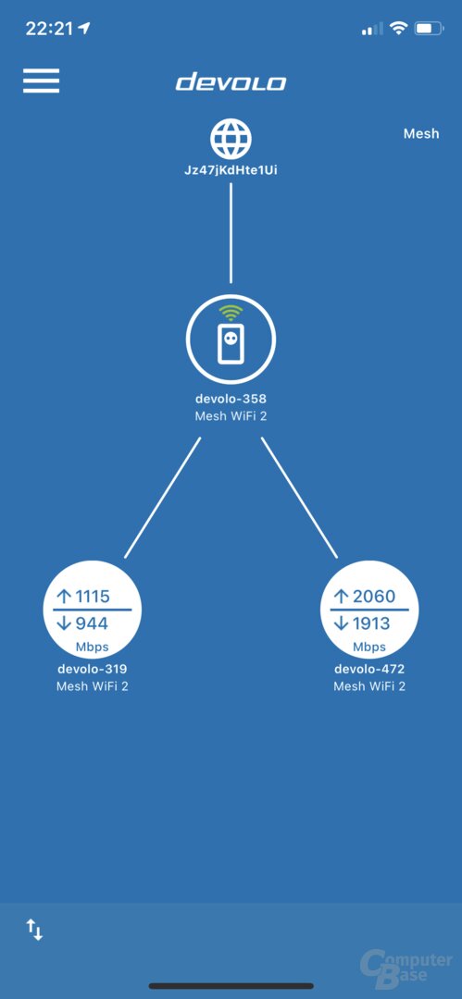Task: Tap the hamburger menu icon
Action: tap(42, 80)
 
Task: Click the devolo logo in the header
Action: tap(231, 82)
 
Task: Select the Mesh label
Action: tap(421, 134)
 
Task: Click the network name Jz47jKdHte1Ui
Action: tap(231, 171)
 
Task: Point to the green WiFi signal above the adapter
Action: tap(231, 313)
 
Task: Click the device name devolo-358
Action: tap(231, 400)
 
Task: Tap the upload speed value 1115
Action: tap(93, 597)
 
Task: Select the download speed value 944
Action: tap(92, 623)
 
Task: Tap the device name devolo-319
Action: tap(93, 670)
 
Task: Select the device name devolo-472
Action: tap(369, 670)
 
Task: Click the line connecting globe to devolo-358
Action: tap(231, 233)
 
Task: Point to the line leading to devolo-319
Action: tap(163, 498)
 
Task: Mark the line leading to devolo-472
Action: tap(299, 498)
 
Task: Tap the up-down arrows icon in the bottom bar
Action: tap(34, 930)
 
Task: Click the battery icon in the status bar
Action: tap(428, 28)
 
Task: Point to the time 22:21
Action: tap(50, 29)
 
